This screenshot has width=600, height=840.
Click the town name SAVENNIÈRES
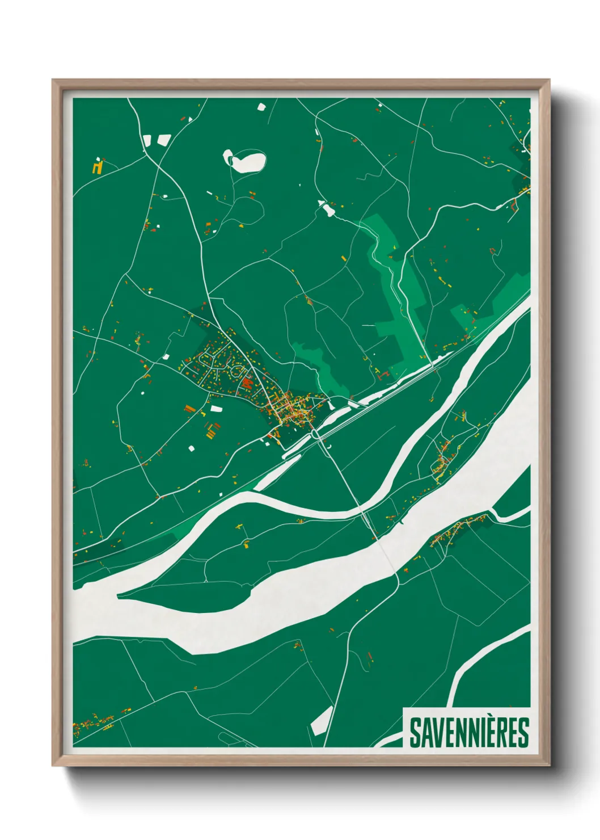468,733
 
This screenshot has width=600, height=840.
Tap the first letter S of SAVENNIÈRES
415,733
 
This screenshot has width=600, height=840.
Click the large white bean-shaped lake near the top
246,161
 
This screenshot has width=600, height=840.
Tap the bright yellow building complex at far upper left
98,167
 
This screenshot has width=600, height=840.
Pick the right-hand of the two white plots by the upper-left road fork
163,139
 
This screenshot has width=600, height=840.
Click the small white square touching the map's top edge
261,106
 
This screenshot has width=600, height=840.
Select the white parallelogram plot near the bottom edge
322,720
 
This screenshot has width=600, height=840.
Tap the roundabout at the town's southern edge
315,435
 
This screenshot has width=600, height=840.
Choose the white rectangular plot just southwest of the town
216,408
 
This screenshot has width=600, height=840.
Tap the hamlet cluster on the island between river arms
442,461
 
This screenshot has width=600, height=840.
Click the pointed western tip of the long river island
119,595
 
